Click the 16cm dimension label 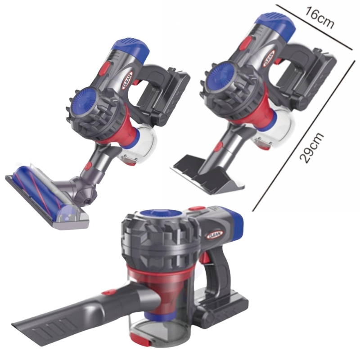pos(319,18)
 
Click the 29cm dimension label pos(311,148)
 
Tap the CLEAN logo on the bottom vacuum pos(216,234)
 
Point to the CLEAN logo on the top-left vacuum pos(127,81)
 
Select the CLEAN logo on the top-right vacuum pos(269,58)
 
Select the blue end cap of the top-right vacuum pos(275,22)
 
